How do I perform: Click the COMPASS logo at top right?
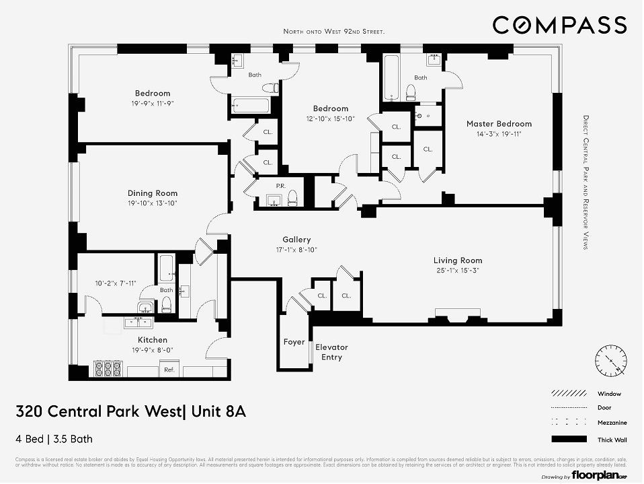point(559,26)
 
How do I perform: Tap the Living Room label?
point(457,261)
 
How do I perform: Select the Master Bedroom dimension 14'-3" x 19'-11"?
point(499,134)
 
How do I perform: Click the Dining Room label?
point(153,193)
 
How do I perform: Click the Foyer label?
point(294,342)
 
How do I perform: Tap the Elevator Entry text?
point(331,352)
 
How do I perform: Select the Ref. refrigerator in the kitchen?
point(169,370)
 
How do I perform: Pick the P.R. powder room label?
point(281,186)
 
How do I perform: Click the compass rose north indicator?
point(610,361)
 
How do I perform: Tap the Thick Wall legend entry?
point(609,440)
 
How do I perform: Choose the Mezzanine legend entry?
point(609,423)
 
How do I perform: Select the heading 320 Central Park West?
point(130,411)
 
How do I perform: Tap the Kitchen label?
point(153,340)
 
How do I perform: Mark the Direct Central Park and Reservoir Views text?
point(585,181)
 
